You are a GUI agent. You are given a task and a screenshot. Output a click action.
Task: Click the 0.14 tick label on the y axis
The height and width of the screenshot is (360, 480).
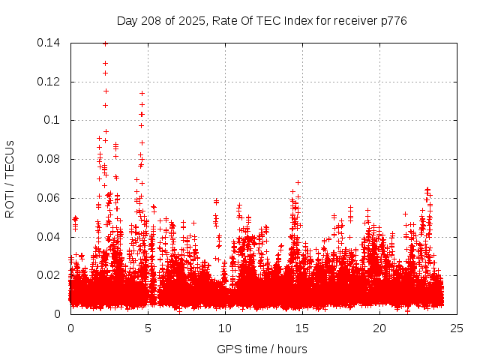pos(50,43)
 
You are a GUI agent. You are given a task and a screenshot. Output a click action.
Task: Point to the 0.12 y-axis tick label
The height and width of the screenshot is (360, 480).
pos(50,82)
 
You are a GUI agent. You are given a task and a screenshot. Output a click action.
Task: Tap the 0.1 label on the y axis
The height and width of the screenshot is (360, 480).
pos(53,120)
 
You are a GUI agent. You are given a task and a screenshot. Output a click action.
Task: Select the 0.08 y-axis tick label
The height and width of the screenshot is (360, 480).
pos(50,159)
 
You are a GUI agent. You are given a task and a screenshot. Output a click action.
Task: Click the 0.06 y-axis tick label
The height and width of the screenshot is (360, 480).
pos(50,198)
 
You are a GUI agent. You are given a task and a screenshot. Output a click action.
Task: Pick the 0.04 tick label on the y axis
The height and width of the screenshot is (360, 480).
pos(50,237)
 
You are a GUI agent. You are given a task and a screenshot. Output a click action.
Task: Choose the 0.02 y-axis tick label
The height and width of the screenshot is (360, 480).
pos(50,275)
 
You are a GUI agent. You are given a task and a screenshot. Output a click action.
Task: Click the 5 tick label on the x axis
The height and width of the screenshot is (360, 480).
pos(148,328)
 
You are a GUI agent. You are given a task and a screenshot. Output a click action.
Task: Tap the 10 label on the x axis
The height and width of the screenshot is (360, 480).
pos(225,328)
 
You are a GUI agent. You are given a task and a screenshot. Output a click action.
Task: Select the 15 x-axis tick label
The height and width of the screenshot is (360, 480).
pos(302,328)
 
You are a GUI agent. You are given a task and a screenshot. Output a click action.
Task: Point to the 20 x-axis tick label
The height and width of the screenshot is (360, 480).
pos(379,328)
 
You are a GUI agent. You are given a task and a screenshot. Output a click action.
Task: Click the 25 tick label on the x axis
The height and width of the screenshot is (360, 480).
pos(457,328)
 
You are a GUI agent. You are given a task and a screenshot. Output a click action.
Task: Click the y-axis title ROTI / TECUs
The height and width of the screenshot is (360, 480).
pos(10,178)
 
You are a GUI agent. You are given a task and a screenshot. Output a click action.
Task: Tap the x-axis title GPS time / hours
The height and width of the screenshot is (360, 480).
pos(262,349)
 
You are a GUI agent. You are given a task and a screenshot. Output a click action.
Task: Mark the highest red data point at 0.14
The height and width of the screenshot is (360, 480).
pos(105,43)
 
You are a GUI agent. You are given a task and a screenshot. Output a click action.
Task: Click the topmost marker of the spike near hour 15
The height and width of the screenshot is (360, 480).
pos(298,182)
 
